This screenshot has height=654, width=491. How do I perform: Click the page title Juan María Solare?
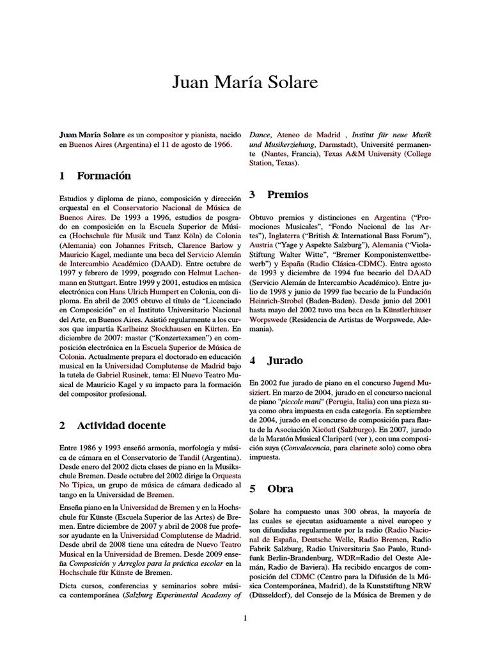point(245,83)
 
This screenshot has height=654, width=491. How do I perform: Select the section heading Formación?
point(104,176)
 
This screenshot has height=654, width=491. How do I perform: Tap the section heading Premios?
point(288,194)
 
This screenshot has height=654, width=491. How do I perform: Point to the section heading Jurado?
point(285,360)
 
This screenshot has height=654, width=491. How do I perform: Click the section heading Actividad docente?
point(121,425)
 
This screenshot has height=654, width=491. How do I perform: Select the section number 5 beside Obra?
point(253,489)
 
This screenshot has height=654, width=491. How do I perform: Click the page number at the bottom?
point(245,618)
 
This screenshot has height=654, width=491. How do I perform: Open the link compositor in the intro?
point(164,135)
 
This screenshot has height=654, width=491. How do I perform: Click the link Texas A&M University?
point(362,154)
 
